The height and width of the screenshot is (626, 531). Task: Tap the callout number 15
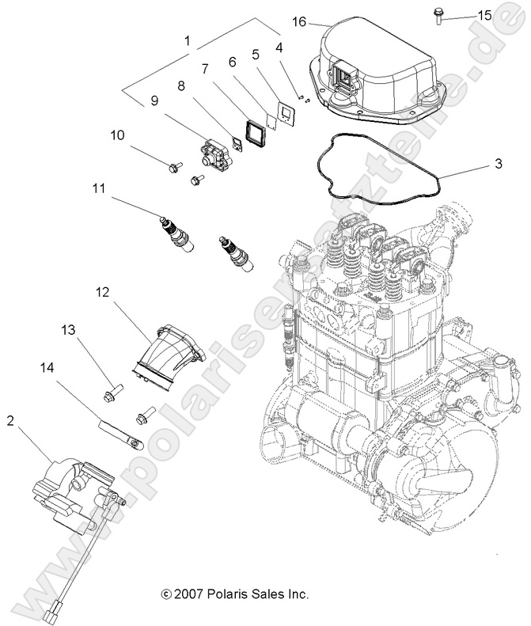click(484, 15)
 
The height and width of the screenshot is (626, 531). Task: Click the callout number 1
click(187, 40)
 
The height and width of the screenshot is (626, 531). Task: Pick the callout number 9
click(154, 101)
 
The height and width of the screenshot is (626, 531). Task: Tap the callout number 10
click(117, 135)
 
